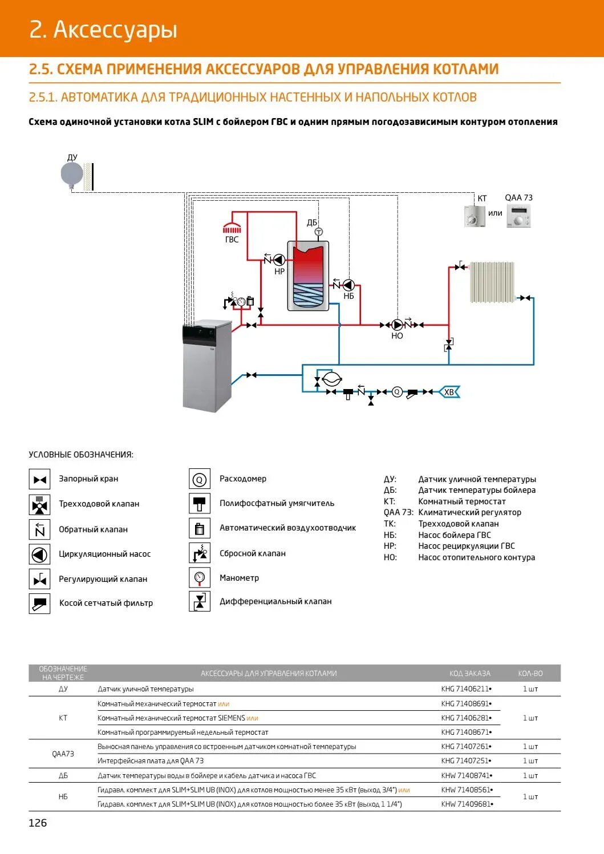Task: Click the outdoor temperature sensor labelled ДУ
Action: coord(72,174)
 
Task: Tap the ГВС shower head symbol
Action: coord(232,228)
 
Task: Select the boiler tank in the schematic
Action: coord(308,276)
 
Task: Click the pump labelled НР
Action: coord(279,260)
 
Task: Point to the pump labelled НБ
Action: coord(348,285)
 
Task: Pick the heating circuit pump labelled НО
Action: coord(398,325)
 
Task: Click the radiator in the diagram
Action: coord(492,282)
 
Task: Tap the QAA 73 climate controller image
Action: coord(519,217)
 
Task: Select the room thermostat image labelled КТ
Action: coord(475,217)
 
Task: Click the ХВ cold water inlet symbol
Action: coord(449,392)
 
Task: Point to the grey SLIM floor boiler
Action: coord(206,366)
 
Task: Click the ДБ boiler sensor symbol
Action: coord(319,232)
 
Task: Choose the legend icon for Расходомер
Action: coord(199,479)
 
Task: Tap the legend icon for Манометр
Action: coord(199,578)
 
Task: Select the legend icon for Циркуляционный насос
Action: coord(39,554)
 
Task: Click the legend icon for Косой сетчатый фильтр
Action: coord(39,603)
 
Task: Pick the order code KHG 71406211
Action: coord(465,689)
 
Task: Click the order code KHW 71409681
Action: coord(466,804)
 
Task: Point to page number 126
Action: coord(38,823)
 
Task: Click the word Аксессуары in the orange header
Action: coord(115,30)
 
